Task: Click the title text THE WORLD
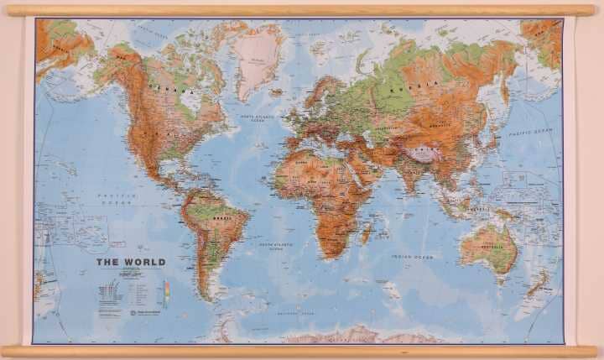coord(131,262)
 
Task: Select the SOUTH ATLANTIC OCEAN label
coord(278,244)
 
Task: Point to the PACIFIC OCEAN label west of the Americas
coord(117,197)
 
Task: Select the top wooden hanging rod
coord(302,10)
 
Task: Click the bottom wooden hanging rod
coord(302,351)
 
